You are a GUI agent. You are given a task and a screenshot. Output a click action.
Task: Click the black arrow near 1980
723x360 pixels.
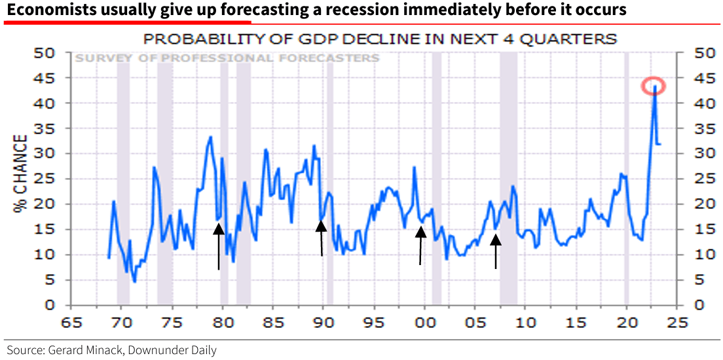[219, 245]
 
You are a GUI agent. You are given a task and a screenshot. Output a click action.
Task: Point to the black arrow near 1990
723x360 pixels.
[321, 238]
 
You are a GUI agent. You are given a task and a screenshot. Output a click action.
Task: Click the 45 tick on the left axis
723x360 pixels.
[52, 78]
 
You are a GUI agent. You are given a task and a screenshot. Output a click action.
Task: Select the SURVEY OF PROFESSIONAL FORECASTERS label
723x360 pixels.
[227, 58]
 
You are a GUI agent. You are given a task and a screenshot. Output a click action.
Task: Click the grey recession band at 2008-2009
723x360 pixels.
[508, 177]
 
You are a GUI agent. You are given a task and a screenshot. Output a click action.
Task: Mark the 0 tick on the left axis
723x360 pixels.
[56, 305]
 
